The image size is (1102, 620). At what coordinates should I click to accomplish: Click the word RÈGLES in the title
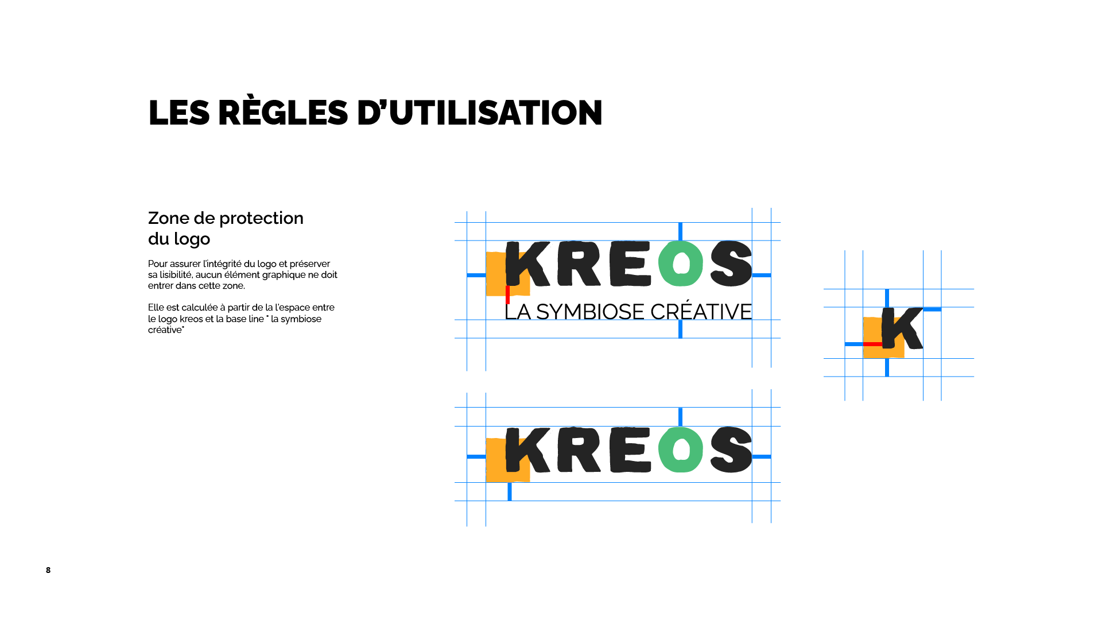click(283, 113)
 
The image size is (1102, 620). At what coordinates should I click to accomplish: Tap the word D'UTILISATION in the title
click(479, 113)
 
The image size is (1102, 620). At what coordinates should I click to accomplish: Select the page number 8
click(48, 570)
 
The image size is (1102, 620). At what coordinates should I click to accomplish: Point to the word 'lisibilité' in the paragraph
click(176, 275)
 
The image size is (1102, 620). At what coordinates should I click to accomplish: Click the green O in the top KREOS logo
click(681, 264)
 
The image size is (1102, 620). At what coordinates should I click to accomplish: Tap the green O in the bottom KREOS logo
click(681, 449)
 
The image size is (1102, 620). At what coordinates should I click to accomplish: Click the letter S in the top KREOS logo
click(731, 264)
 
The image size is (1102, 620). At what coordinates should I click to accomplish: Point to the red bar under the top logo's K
click(507, 294)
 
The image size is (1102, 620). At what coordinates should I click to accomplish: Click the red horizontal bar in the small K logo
click(872, 344)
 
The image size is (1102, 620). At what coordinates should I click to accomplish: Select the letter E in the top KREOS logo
click(630, 264)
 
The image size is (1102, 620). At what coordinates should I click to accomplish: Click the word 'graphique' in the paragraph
click(282, 275)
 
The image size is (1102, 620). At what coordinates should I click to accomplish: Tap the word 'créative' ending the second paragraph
click(165, 330)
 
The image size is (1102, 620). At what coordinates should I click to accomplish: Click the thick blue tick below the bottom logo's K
click(510, 491)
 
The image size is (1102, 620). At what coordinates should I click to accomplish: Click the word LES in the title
click(179, 113)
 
